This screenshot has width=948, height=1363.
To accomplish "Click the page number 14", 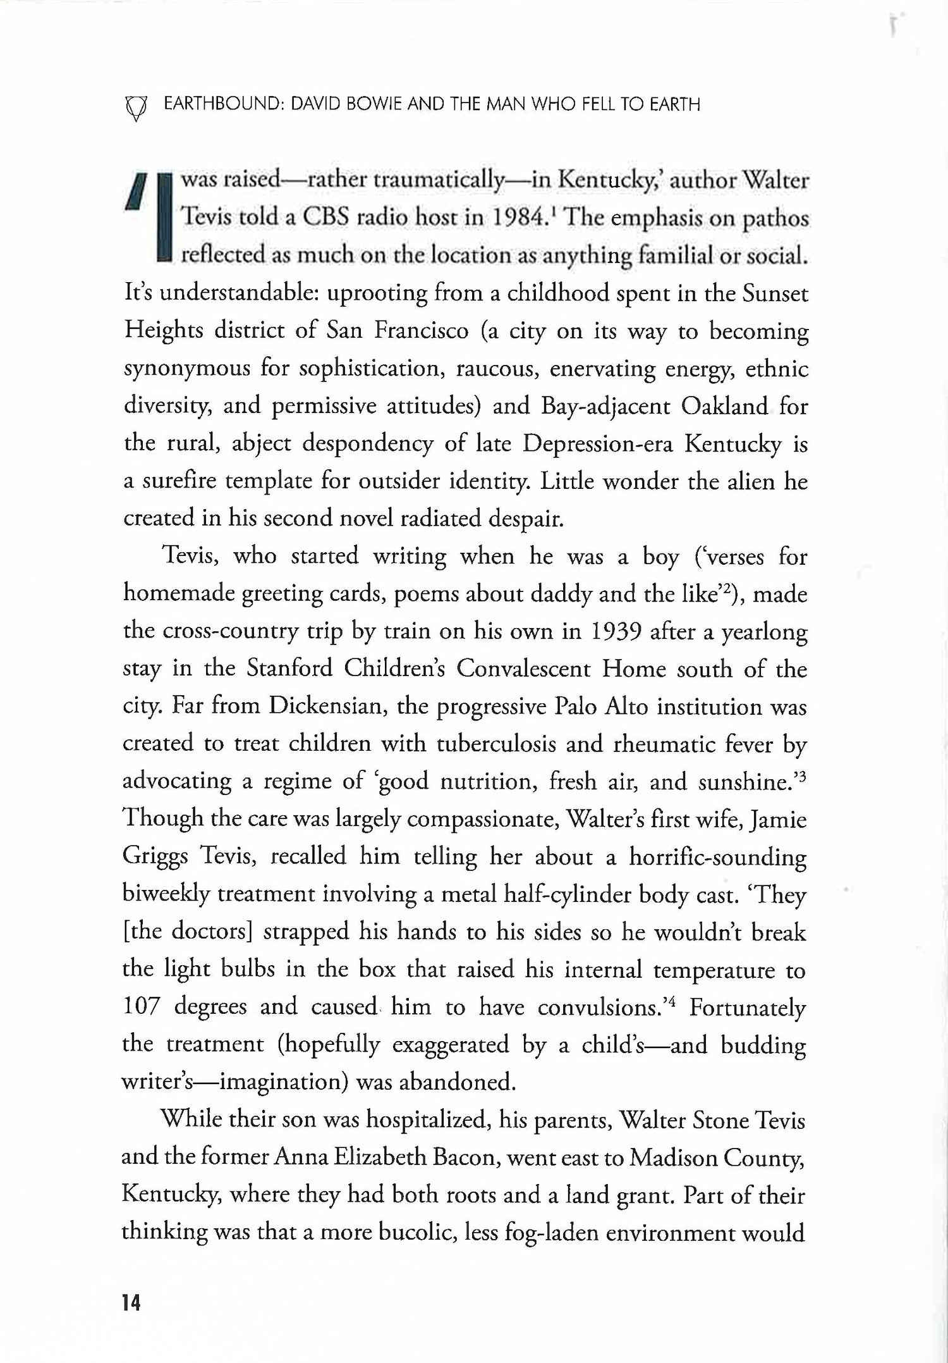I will [x=131, y=1302].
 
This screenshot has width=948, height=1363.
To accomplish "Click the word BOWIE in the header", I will [x=372, y=104].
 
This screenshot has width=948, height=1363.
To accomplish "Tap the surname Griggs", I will [x=155, y=857].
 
